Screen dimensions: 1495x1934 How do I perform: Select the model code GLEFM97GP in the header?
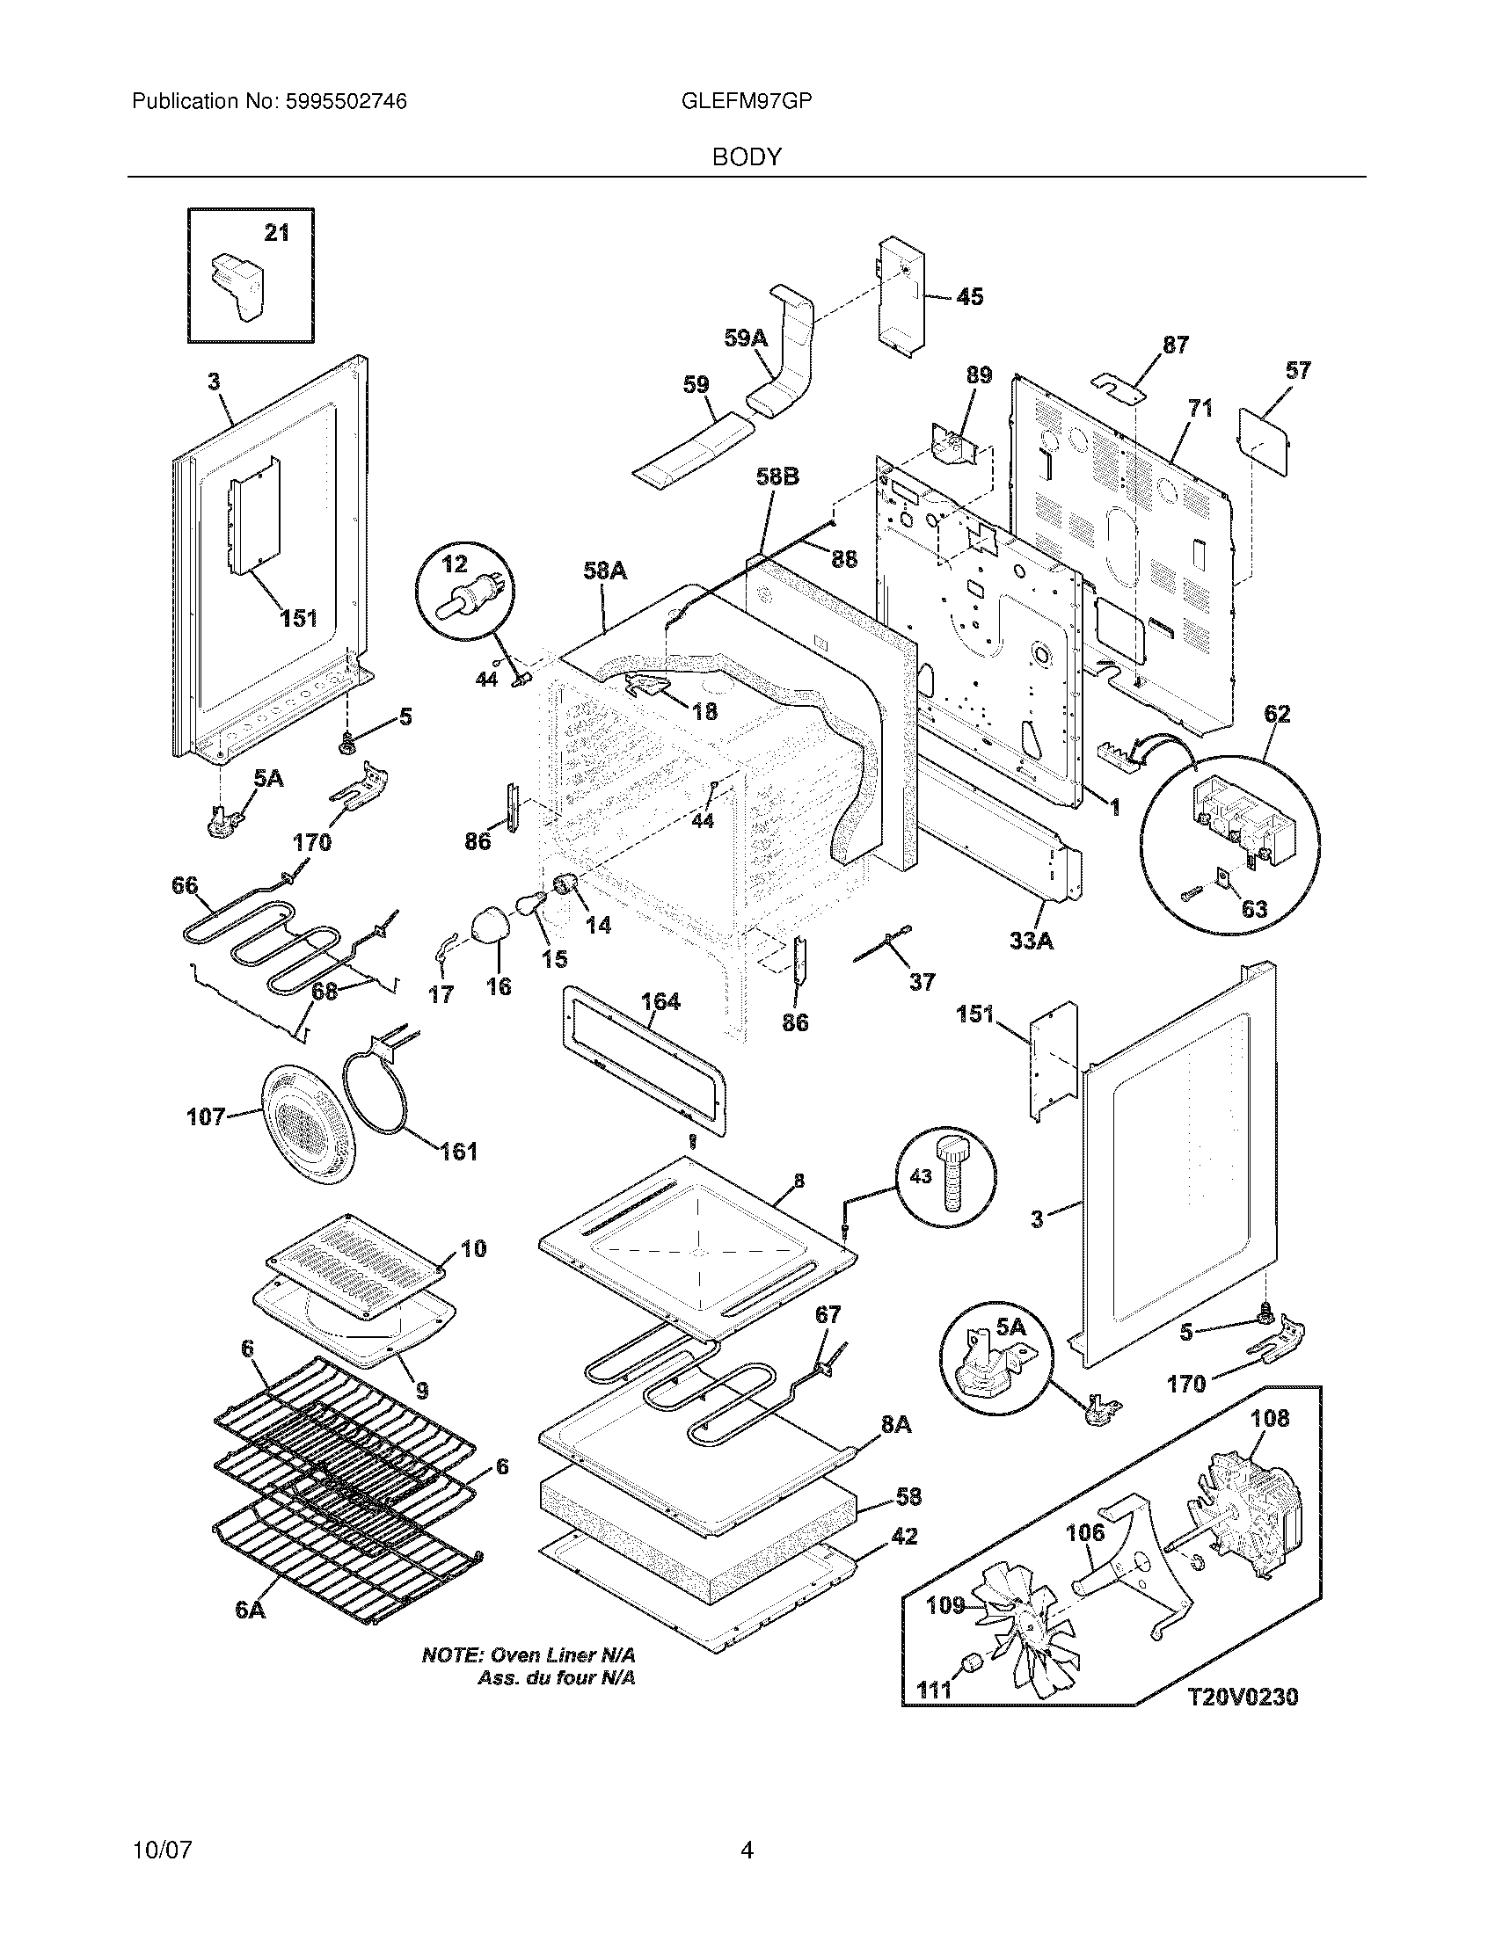(747, 102)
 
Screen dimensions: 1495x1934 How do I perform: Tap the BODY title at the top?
(747, 156)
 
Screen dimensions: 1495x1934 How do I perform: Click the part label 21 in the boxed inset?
(277, 233)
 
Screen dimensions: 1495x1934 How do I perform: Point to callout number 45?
(970, 296)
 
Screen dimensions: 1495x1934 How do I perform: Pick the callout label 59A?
(745, 338)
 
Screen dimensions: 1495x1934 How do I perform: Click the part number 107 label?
(206, 1117)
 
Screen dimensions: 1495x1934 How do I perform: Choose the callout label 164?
(660, 1001)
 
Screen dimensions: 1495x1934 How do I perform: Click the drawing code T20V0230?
(1243, 1697)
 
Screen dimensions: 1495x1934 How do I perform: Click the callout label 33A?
(1032, 941)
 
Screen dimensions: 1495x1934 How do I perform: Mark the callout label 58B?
(777, 477)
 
